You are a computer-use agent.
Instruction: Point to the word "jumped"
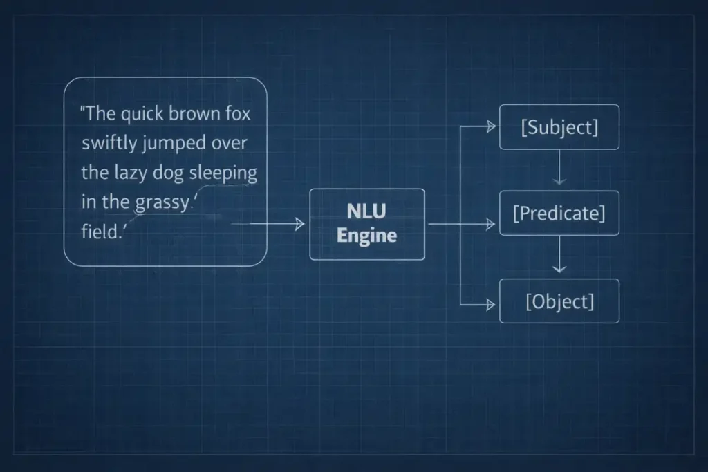coord(172,144)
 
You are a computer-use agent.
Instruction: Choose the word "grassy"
coord(161,202)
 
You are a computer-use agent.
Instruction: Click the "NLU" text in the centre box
coord(366,211)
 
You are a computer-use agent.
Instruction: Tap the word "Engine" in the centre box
coord(366,236)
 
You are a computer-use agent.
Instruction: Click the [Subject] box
coord(559,127)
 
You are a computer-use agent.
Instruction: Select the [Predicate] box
coord(559,213)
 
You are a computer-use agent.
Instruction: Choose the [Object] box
coord(559,301)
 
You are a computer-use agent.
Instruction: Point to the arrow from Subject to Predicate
coord(559,170)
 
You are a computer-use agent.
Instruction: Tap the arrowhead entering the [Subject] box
coord(492,127)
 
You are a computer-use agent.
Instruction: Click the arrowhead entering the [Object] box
coord(492,304)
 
